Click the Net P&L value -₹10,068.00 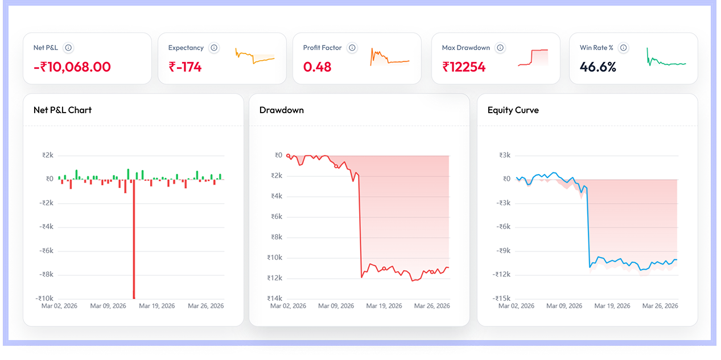[x=72, y=67]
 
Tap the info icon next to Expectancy [x=214, y=48]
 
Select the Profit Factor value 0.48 [x=317, y=67]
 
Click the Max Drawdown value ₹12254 [x=464, y=67]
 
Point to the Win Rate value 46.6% [x=598, y=67]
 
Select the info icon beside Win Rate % [x=624, y=48]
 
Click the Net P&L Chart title [x=63, y=110]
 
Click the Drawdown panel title [x=281, y=110]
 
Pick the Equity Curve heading [x=513, y=110]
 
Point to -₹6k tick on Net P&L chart [x=48, y=250]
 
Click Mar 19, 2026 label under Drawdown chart [x=384, y=306]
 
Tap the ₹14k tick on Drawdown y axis [x=274, y=298]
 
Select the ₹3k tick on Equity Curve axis [x=505, y=155]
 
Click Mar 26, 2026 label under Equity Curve [x=660, y=306]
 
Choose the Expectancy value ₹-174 [x=185, y=67]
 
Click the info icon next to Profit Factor [x=352, y=48]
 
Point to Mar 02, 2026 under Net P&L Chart [x=59, y=306]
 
